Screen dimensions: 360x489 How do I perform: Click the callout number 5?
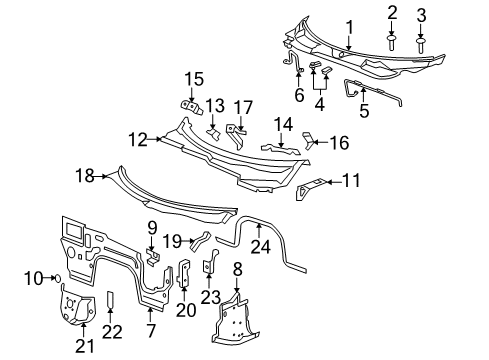pos(365,112)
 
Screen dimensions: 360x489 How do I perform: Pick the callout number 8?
pos(236,268)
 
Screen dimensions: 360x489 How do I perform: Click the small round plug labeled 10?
pos(58,277)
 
